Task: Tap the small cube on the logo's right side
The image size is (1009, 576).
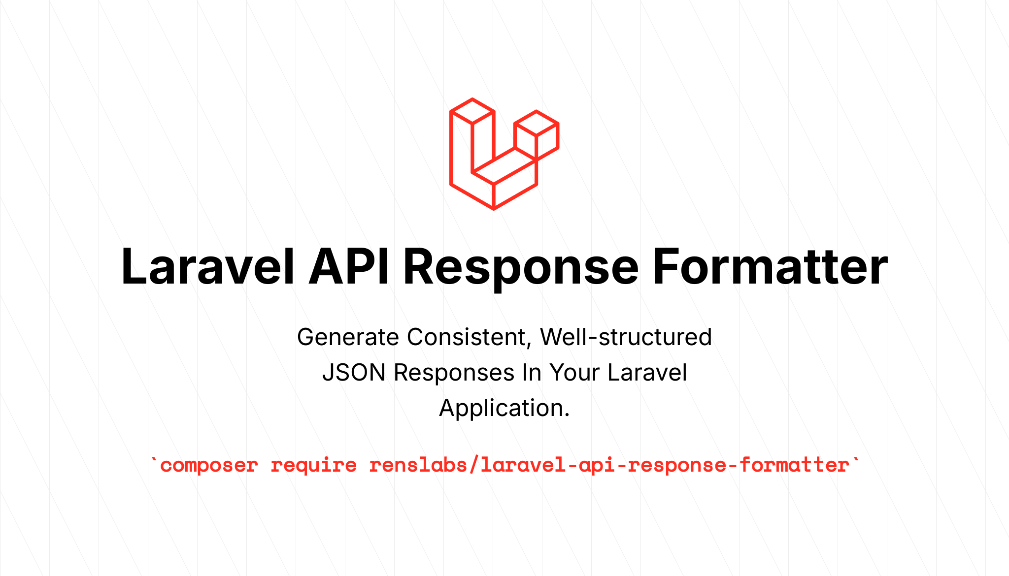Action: (536, 134)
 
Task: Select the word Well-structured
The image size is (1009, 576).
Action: (626, 337)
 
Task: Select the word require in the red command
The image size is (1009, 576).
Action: (314, 466)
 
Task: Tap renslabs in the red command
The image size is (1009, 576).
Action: (418, 465)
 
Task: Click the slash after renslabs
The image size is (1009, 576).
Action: (474, 465)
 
